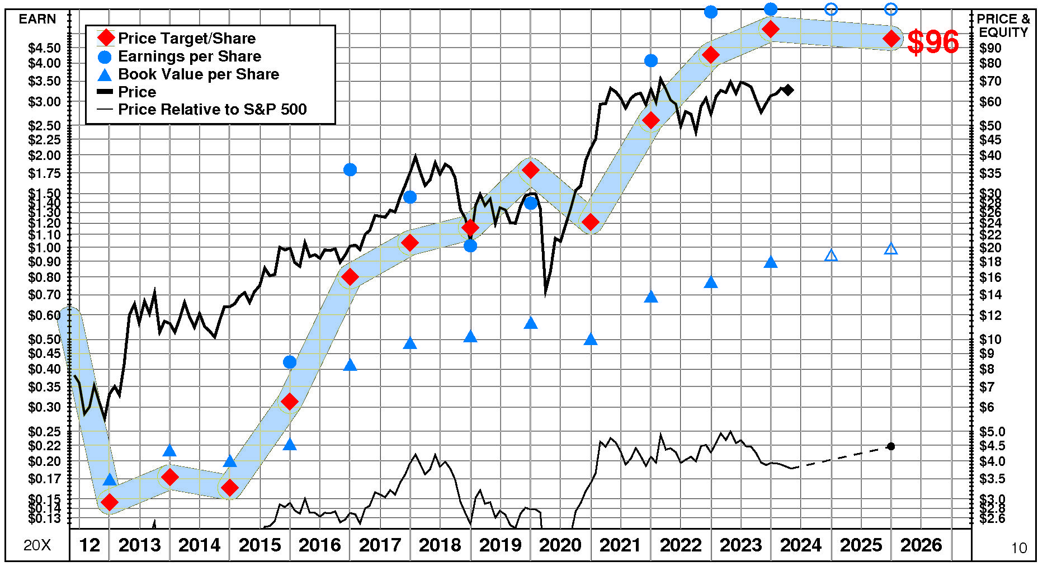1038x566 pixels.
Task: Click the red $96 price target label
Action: click(932, 42)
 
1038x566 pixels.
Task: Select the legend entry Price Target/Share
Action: click(186, 38)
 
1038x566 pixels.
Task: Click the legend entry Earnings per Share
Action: click(189, 56)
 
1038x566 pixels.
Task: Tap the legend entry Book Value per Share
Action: click(198, 74)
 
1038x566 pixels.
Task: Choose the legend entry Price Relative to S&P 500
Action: click(212, 109)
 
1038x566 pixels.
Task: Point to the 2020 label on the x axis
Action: click(560, 545)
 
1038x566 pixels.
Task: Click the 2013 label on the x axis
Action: click(139, 545)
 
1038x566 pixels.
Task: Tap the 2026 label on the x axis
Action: click(921, 545)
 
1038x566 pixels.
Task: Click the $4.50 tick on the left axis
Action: click(44, 48)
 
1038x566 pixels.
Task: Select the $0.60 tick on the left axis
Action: click(44, 315)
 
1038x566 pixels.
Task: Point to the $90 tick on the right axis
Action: click(990, 48)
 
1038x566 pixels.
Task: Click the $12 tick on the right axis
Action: click(990, 315)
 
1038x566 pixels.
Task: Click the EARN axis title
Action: click(37, 19)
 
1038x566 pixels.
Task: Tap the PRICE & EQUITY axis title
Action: click(1003, 25)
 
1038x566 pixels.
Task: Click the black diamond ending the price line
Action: click(788, 89)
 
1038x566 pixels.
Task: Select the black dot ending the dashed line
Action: click(891, 446)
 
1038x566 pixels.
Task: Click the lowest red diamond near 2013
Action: click(110, 502)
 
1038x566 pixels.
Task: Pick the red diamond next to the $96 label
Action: click(891, 39)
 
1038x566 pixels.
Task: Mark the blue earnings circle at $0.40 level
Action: click(290, 362)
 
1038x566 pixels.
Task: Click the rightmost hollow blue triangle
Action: click(891, 249)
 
